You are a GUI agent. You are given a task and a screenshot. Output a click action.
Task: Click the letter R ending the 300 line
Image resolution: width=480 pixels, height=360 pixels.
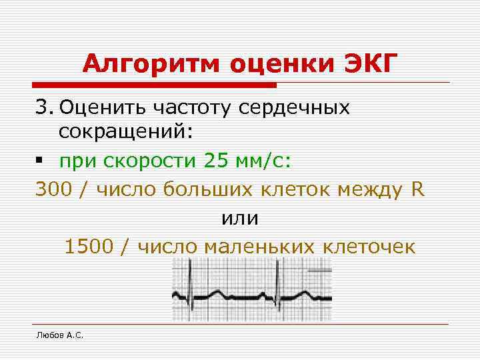click(417, 189)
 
